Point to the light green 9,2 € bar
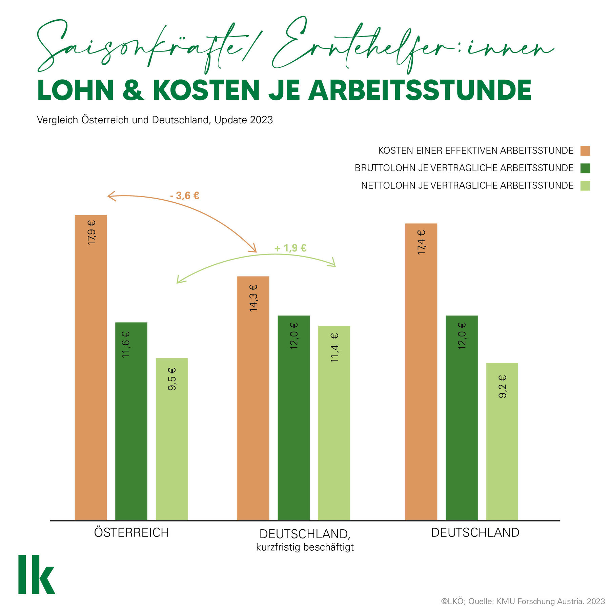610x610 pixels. tap(502, 441)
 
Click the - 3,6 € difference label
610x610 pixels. tap(185, 196)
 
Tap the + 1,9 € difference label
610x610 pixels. tap(290, 248)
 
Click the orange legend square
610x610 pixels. tap(585, 151)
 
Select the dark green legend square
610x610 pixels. tap(585, 168)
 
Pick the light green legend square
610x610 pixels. tap(585, 186)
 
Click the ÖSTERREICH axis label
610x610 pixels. tap(131, 532)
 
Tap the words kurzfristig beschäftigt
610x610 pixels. tap(305, 547)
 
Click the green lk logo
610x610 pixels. tap(36, 574)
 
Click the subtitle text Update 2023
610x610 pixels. tap(244, 120)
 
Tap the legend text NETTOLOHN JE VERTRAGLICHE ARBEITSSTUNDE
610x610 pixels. tap(467, 186)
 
